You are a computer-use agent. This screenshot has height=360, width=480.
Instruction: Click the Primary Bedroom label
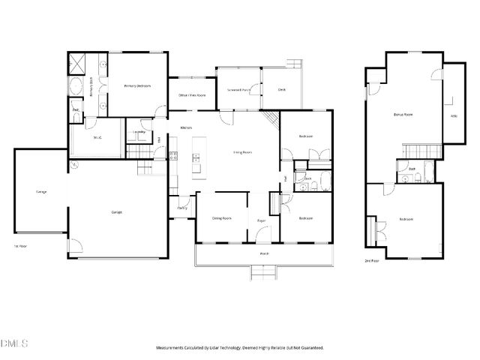pos(137,86)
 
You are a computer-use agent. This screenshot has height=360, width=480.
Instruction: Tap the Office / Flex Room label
pos(192,95)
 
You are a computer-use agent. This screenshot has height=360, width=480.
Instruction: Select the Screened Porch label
pos(238,89)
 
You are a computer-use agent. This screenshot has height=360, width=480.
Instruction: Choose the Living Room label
pos(241,152)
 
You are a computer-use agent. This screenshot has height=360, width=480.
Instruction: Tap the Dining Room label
pos(220,218)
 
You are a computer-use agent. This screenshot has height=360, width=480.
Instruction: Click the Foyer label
pos(262,220)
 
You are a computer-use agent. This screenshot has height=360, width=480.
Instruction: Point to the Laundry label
pos(139,133)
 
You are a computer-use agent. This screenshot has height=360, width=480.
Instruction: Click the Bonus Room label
pos(403,115)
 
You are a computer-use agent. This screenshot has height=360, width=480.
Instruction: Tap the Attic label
pos(453,115)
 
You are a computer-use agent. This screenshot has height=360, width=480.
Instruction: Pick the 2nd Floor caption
pos(371,260)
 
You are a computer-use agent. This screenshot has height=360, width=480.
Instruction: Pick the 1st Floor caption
pos(20,246)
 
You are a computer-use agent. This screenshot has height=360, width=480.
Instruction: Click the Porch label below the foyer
pos(264,253)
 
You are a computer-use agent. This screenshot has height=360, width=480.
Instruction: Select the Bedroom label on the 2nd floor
pos(406,219)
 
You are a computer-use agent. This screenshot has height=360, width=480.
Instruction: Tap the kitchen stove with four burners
pos(172,157)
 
